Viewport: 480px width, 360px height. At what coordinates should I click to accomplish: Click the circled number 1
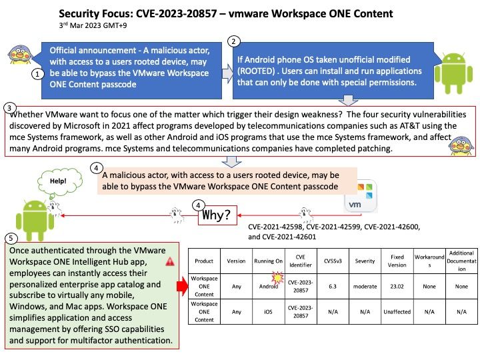point(37,74)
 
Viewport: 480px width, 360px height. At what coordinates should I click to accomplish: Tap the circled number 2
point(233,41)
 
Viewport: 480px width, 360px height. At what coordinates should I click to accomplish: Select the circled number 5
point(11,239)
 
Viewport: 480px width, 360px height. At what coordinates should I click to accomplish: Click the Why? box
point(217,215)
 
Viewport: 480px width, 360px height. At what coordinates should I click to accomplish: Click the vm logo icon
point(360,197)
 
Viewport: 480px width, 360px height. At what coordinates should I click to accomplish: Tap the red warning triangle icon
point(170,262)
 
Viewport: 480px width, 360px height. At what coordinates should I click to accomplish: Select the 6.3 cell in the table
point(333,287)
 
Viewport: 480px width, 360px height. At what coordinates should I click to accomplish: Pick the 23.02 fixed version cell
point(397,287)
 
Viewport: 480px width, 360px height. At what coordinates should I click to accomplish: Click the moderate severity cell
point(365,287)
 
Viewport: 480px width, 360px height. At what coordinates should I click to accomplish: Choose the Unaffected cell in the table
point(397,311)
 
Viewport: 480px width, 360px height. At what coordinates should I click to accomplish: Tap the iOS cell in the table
point(268,311)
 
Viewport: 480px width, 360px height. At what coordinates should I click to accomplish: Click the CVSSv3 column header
point(333,261)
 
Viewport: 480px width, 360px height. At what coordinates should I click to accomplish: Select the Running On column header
point(268,261)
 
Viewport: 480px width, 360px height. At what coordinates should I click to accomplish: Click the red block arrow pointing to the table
point(183,286)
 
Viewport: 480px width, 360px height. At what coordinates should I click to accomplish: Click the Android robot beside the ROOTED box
point(453,73)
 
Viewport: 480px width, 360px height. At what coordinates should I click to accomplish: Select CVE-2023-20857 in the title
point(176,14)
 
